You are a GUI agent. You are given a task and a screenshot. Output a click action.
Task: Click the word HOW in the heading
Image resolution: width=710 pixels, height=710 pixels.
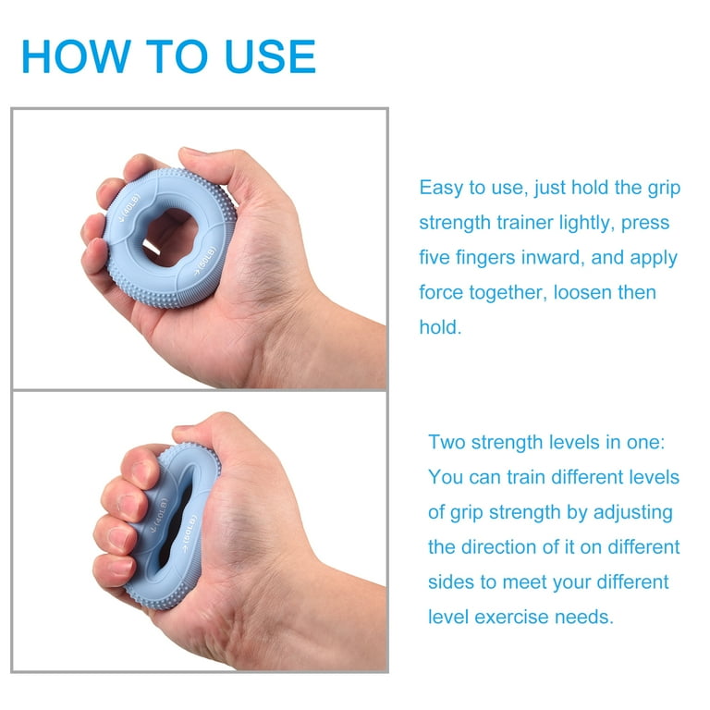click(76, 56)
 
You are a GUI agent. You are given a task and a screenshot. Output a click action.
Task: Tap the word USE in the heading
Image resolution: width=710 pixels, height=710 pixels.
click(270, 56)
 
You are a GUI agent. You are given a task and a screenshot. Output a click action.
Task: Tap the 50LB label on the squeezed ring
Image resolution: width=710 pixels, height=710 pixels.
click(190, 533)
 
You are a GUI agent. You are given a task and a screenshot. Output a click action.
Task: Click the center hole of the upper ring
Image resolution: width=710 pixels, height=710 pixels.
click(170, 237)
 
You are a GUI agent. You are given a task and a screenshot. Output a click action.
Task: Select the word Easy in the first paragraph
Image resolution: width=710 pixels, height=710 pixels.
click(439, 188)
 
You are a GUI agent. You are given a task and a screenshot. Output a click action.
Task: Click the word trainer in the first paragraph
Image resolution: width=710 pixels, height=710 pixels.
click(525, 222)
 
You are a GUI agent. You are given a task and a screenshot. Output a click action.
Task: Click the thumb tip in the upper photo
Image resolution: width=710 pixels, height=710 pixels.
click(190, 155)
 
